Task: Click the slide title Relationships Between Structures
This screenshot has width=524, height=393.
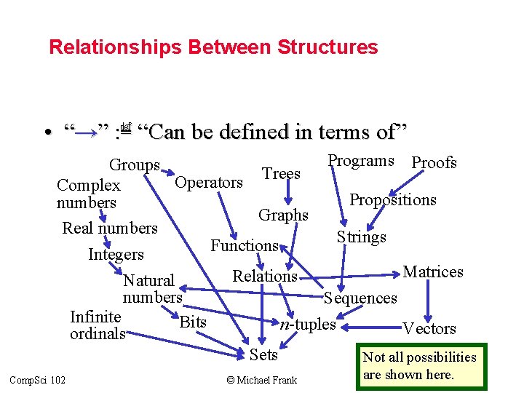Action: click(213, 47)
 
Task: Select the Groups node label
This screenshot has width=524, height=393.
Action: click(135, 165)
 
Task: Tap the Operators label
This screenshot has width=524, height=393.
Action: click(209, 182)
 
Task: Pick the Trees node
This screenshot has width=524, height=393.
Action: click(281, 173)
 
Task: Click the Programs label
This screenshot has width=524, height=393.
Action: click(361, 161)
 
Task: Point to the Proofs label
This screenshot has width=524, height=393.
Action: click(434, 162)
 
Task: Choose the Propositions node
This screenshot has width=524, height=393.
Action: click(393, 199)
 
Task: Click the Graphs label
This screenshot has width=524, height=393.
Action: click(283, 215)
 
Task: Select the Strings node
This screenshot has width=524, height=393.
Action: click(361, 237)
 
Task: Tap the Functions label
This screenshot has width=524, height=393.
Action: click(245, 245)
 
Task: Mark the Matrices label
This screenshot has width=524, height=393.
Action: click(433, 271)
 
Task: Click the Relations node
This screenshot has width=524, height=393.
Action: click(265, 276)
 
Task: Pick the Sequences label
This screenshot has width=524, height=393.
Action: click(361, 298)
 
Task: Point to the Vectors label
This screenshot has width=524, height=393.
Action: click(429, 328)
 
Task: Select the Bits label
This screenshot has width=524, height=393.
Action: click(192, 322)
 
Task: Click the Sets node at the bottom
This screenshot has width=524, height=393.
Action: click(263, 354)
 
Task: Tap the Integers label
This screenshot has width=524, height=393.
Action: click(116, 254)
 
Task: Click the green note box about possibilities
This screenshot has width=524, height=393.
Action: click(420, 366)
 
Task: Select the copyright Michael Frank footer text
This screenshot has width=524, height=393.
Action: click(261, 380)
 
